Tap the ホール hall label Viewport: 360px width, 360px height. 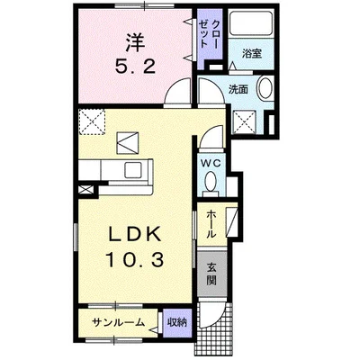(x=210, y=223)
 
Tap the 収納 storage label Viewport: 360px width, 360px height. (x=176, y=321)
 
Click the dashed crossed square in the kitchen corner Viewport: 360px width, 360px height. (x=91, y=121)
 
